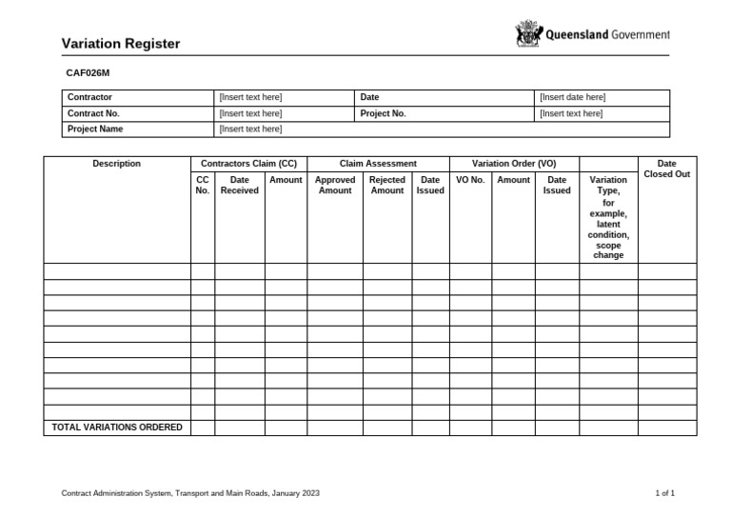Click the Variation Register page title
(x=121, y=44)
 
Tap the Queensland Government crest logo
(x=527, y=34)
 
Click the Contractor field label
(x=89, y=97)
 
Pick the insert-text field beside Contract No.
(x=250, y=113)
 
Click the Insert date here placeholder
(x=572, y=97)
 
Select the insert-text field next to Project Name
(x=250, y=129)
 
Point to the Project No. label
(x=383, y=113)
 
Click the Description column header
(x=116, y=164)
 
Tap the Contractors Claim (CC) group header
(x=248, y=164)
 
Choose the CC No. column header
(x=202, y=185)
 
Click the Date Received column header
(x=239, y=185)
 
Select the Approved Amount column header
(x=334, y=185)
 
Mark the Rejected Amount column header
(x=386, y=185)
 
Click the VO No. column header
(x=470, y=180)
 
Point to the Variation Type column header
(x=608, y=217)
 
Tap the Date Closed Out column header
(x=666, y=169)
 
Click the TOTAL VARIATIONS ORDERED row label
(x=117, y=428)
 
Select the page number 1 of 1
(x=664, y=493)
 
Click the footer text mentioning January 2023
(x=190, y=493)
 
